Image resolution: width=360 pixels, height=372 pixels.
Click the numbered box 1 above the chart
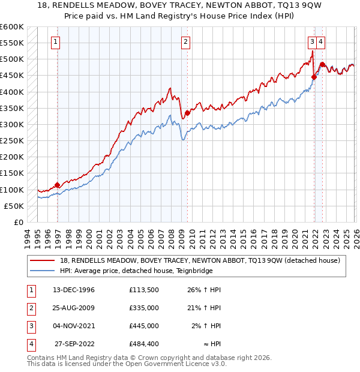pyautogui.click(x=55, y=41)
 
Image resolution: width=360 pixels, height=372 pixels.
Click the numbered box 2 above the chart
pyautogui.click(x=186, y=41)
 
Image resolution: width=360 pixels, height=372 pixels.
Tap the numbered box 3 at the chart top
pyautogui.click(x=313, y=41)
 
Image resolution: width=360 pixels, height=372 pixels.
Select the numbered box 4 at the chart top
pyautogui.click(x=322, y=41)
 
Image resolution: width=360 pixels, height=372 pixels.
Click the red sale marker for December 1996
pyautogui.click(x=58, y=185)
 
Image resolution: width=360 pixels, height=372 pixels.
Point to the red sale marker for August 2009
pyautogui.click(x=187, y=113)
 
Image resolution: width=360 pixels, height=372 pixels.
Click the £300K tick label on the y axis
pyautogui.click(x=12, y=124)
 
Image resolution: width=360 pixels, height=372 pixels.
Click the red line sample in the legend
pyautogui.click(x=43, y=260)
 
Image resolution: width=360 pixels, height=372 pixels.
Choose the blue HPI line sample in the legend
pyautogui.click(x=43, y=271)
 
